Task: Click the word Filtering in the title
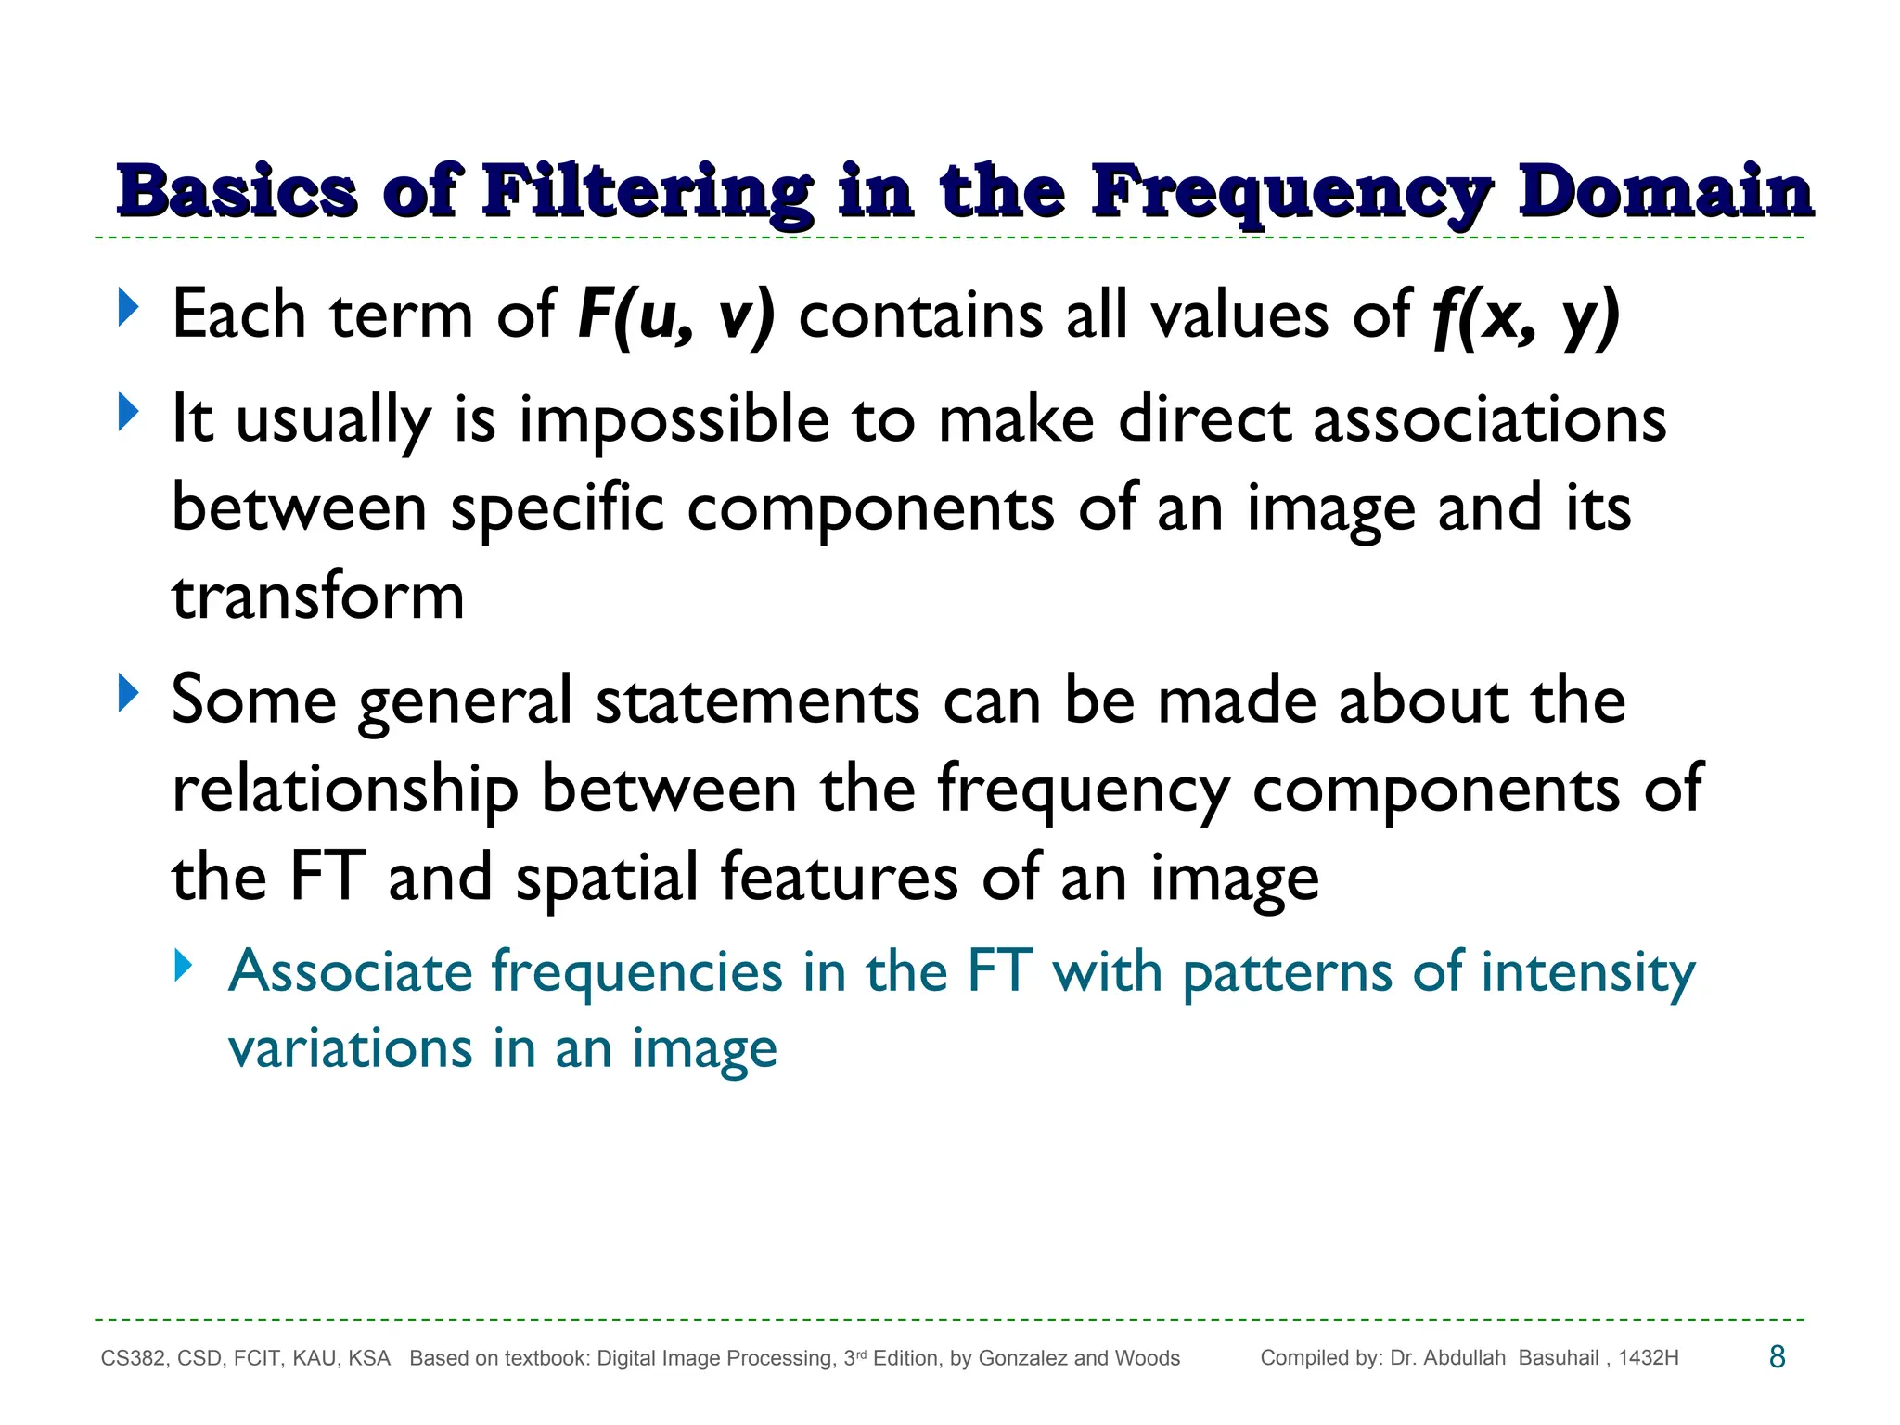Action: click(x=647, y=192)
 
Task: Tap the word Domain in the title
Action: click(x=1665, y=192)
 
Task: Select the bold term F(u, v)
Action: click(x=675, y=315)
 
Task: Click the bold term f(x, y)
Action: click(x=1526, y=315)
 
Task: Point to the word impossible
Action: click(x=674, y=420)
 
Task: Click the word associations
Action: click(x=1490, y=420)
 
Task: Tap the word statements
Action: click(x=758, y=700)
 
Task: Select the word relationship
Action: click(x=345, y=790)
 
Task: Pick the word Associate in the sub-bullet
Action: click(x=352, y=971)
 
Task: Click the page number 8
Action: click(x=1778, y=1357)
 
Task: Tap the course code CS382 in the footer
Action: click(x=134, y=1358)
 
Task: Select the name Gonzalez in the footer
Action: click(x=1022, y=1358)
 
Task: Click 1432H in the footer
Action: click(x=1649, y=1358)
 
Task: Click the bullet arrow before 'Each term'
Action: click(x=128, y=309)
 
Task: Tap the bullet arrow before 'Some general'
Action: click(x=128, y=694)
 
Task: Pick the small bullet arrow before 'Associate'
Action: click(x=184, y=967)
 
